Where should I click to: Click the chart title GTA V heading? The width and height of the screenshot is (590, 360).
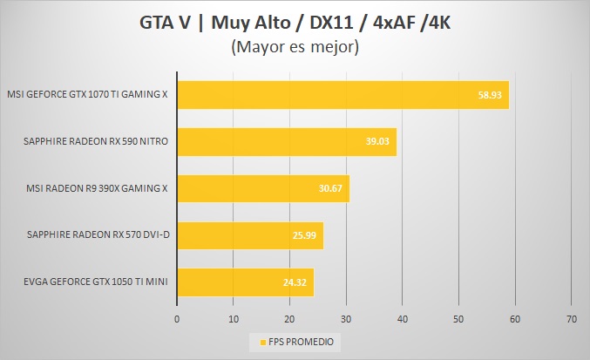295,22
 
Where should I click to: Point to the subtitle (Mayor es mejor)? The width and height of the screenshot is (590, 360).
295,49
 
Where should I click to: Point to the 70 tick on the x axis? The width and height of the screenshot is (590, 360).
571,318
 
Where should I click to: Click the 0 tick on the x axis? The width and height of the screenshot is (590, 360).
177,318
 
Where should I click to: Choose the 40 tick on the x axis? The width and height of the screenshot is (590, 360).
402,318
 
